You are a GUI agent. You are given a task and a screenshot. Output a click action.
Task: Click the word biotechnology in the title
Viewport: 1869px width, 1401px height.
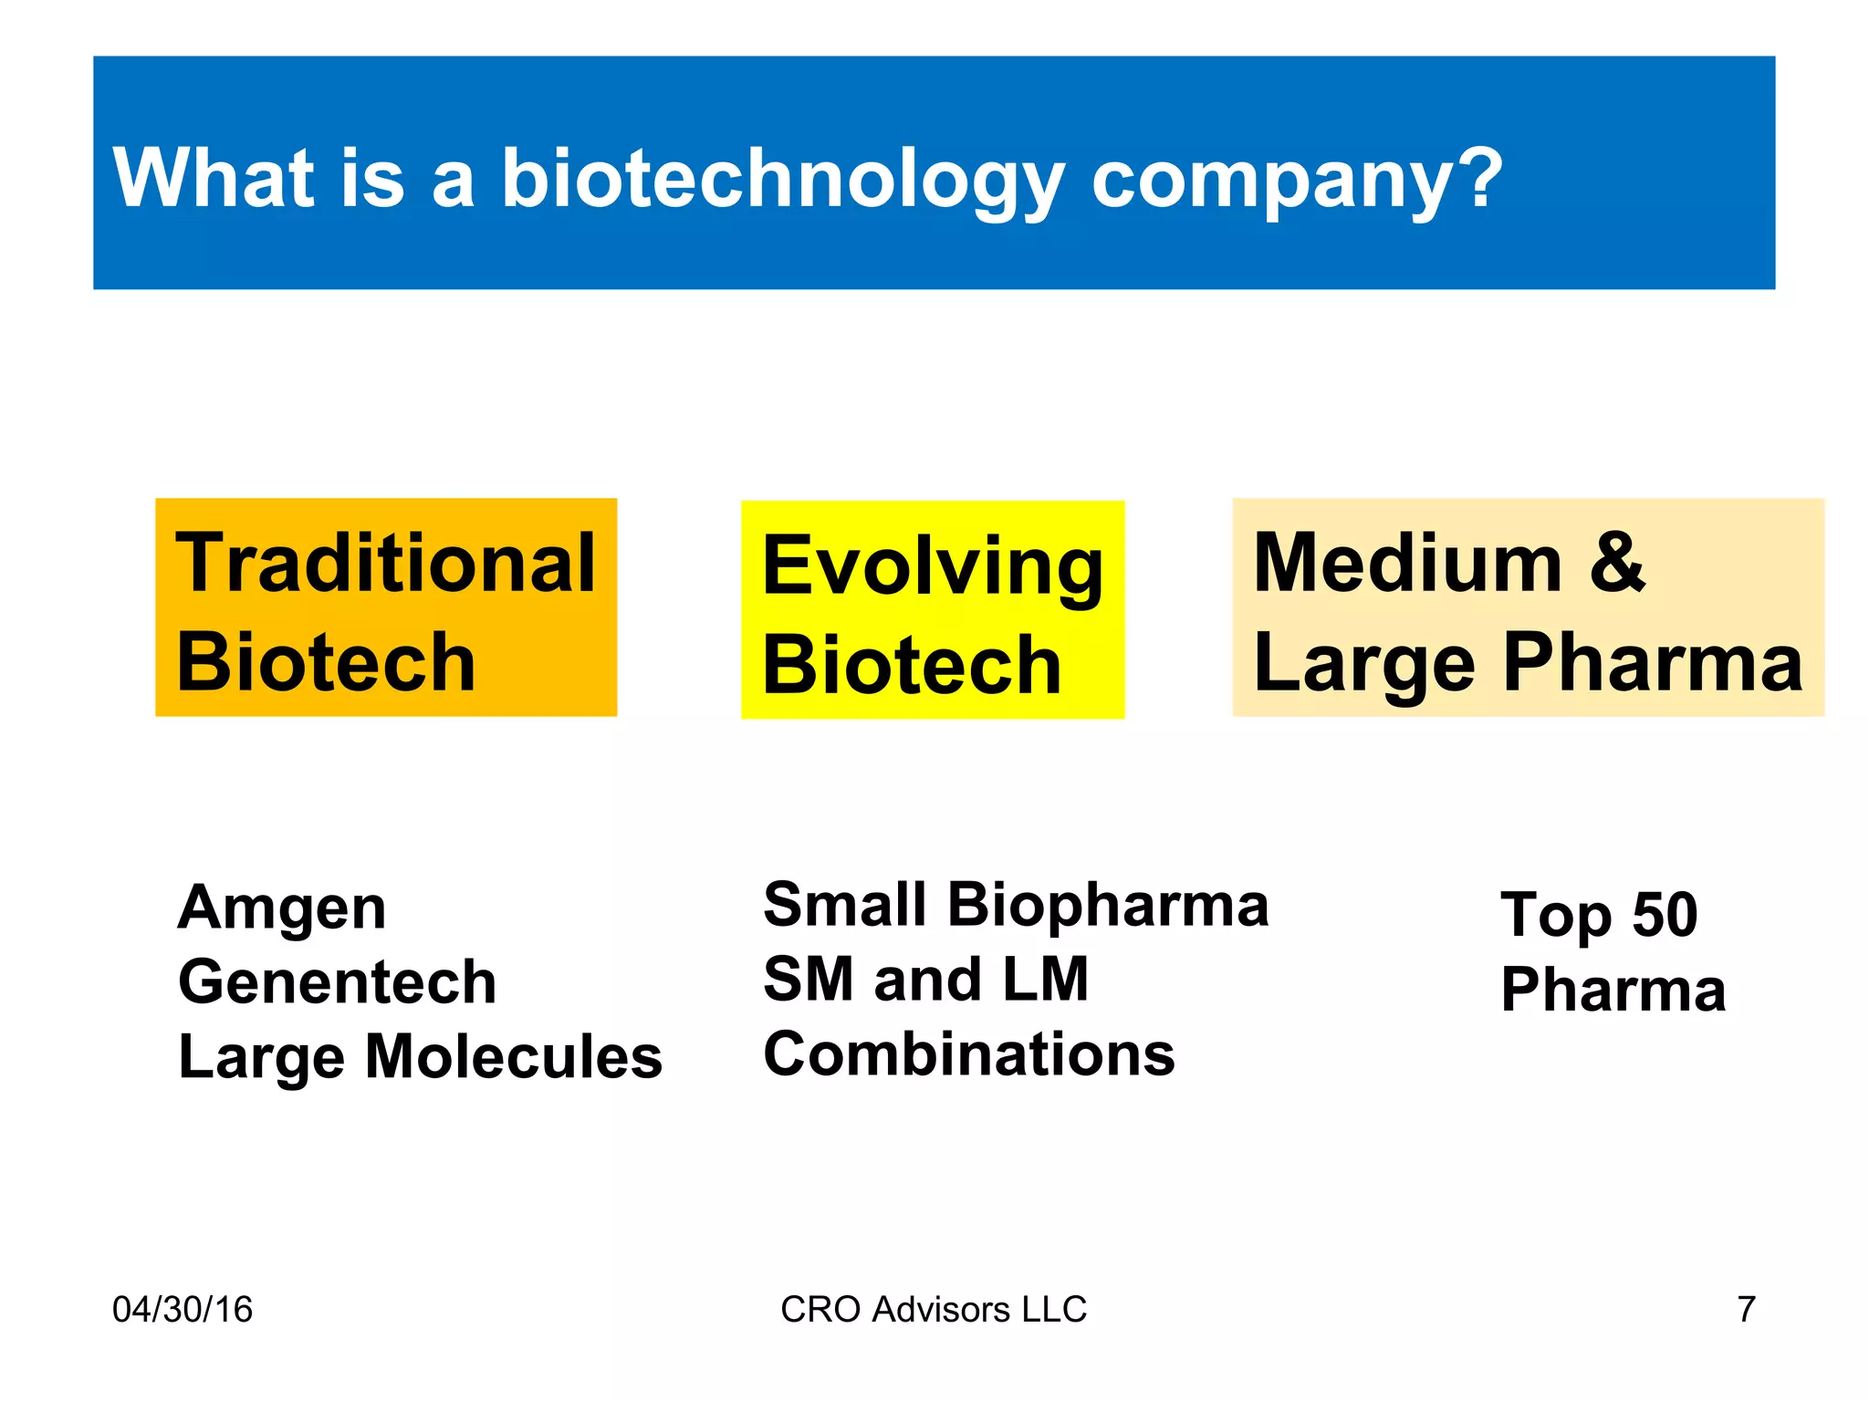click(x=782, y=179)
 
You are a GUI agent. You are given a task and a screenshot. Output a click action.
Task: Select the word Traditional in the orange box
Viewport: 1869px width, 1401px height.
click(x=385, y=563)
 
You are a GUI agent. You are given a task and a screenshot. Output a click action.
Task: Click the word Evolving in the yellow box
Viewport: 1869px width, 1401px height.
click(x=932, y=567)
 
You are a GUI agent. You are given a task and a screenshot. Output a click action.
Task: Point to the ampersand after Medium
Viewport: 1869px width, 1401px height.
click(x=1616, y=561)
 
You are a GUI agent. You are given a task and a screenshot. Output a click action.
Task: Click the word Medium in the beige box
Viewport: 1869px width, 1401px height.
click(x=1406, y=563)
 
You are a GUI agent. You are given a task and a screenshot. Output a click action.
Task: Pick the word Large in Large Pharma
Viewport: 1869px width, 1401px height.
click(x=1363, y=663)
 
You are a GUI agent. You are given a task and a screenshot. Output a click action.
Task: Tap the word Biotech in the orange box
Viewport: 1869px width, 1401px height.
click(x=326, y=662)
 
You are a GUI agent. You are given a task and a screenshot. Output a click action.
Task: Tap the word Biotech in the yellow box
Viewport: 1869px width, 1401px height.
click(x=911, y=666)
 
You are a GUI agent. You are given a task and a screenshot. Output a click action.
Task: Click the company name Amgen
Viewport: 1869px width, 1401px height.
click(x=282, y=908)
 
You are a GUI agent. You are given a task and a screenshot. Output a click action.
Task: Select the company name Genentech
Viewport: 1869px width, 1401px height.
click(x=337, y=982)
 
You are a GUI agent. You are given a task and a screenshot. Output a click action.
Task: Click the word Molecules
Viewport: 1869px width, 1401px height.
click(x=513, y=1057)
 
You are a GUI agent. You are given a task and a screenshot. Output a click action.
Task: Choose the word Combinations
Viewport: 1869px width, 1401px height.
click(x=968, y=1054)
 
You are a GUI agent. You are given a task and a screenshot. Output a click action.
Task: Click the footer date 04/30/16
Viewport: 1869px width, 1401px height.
click(x=182, y=1309)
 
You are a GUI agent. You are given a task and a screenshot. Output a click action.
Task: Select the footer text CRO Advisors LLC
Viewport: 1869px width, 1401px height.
click(x=933, y=1309)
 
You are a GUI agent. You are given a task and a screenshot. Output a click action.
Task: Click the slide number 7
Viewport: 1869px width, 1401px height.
click(x=1746, y=1309)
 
